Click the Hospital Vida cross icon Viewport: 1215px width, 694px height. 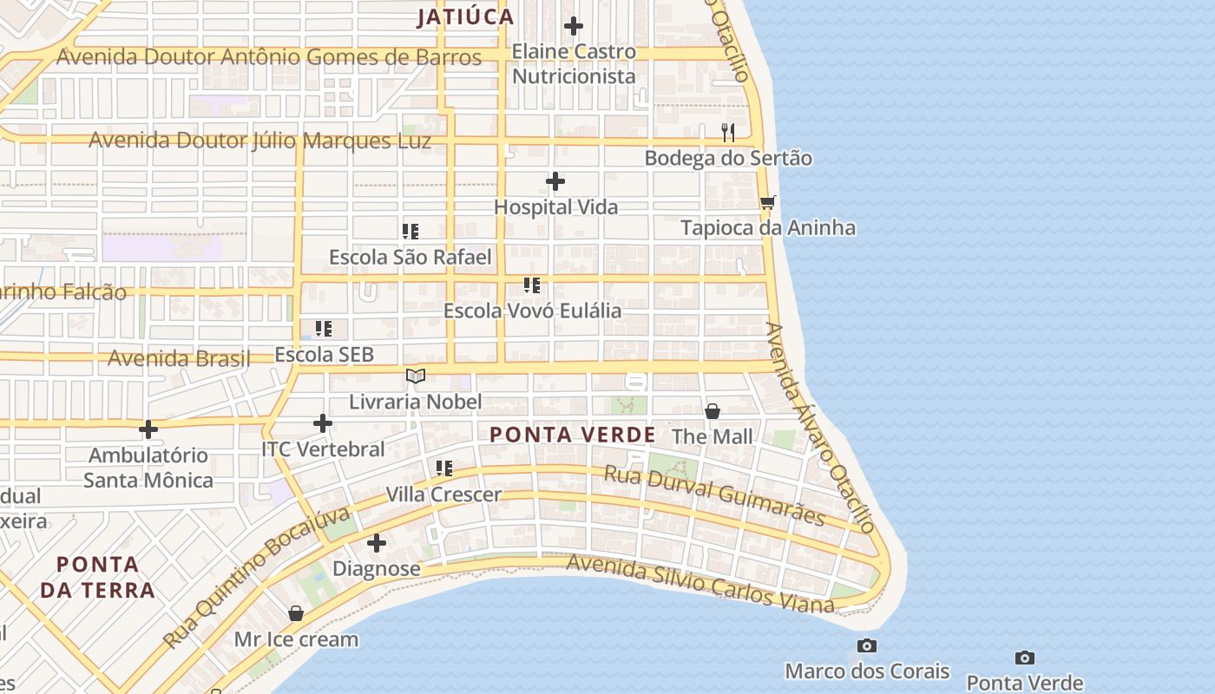(x=555, y=181)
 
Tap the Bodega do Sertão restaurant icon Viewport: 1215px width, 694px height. (x=728, y=132)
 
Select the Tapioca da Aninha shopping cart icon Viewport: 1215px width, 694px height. (x=767, y=203)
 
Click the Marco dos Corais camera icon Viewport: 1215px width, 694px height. (x=866, y=645)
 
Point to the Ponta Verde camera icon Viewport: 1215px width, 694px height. (x=1025, y=658)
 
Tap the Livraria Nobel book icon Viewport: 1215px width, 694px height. (x=416, y=376)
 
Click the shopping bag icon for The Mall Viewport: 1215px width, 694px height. (x=713, y=411)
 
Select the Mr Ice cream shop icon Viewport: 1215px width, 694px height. (x=296, y=613)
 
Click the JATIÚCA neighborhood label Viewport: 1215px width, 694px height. (x=465, y=17)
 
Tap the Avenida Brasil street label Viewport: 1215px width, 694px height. (x=179, y=358)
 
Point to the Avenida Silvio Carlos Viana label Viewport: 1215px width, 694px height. (x=699, y=585)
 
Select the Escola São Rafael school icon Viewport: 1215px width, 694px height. (x=410, y=232)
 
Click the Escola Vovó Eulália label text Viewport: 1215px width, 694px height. (x=532, y=311)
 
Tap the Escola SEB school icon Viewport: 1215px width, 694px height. (x=324, y=329)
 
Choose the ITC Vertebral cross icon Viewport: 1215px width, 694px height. (x=323, y=423)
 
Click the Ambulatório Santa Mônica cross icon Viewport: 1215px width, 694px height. (x=148, y=429)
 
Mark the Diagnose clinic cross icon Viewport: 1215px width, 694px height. (x=377, y=544)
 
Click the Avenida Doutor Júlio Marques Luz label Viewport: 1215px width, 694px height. (x=260, y=141)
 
